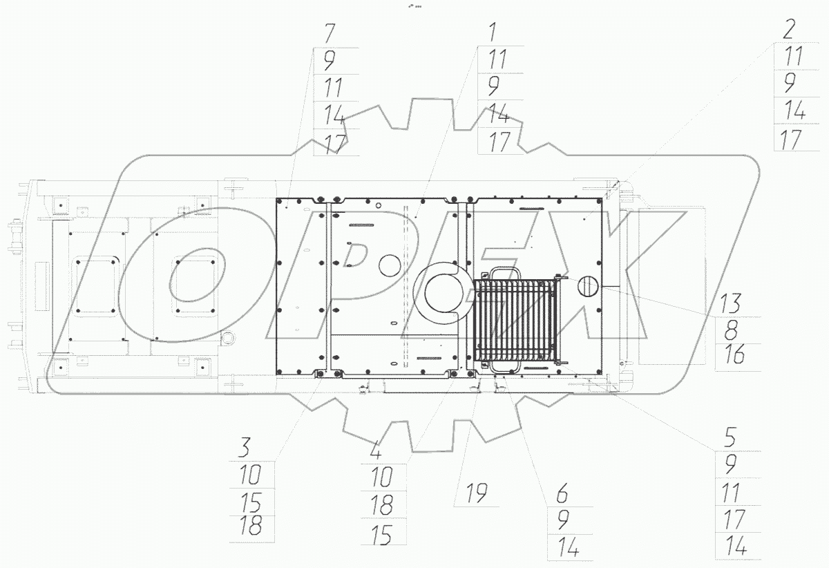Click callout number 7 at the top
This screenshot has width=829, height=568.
(330, 33)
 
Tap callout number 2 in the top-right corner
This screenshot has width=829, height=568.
(789, 29)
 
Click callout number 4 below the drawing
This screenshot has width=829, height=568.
(376, 451)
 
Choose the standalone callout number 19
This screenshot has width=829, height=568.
(477, 493)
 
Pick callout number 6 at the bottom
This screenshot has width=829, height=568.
(562, 493)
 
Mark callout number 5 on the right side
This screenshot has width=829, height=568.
(730, 437)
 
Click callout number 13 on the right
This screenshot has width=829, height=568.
(730, 303)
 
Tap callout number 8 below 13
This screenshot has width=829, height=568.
(731, 330)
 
